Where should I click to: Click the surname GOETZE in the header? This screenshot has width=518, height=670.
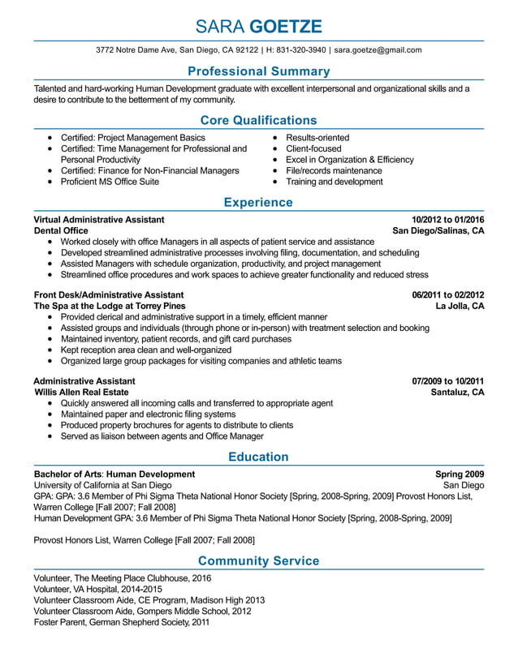click(x=287, y=26)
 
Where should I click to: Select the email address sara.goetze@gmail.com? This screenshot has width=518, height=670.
click(x=378, y=49)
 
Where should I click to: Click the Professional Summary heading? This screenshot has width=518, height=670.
click(x=258, y=71)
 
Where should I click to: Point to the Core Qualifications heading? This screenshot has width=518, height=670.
click(x=258, y=120)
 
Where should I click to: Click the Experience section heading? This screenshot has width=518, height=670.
click(x=258, y=202)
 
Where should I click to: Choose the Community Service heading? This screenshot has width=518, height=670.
click(x=258, y=560)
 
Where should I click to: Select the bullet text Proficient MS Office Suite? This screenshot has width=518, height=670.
click(x=110, y=182)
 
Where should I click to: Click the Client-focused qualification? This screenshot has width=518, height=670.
click(x=313, y=148)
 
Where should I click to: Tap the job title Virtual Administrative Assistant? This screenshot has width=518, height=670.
click(x=99, y=220)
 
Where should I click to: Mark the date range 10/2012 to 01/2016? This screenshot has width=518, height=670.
click(x=447, y=220)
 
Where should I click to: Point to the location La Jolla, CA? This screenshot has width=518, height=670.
click(x=460, y=306)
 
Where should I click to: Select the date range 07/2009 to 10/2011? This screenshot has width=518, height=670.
click(x=447, y=380)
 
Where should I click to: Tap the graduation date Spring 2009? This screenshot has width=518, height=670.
click(x=460, y=474)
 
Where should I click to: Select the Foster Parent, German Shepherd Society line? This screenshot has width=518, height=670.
click(x=121, y=622)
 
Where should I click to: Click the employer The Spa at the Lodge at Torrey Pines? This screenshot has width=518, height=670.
click(x=110, y=306)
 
